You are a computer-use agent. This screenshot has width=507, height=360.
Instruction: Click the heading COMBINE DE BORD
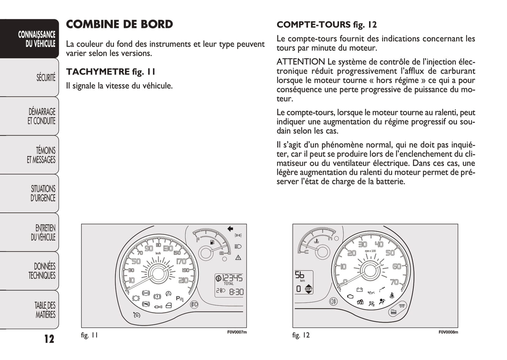[119, 24]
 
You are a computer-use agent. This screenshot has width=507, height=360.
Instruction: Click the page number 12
[49, 339]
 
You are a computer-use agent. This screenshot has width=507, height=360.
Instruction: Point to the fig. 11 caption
[89, 335]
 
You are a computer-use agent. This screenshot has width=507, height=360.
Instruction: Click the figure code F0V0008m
[448, 332]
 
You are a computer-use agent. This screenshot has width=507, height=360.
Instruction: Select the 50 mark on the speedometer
[136, 261]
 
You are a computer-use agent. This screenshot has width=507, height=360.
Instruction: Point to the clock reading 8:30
[236, 292]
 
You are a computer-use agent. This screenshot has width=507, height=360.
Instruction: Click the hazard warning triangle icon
[238, 258]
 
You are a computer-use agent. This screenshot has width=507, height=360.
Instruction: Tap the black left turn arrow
[230, 229]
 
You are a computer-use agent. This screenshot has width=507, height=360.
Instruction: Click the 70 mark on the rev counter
[394, 282]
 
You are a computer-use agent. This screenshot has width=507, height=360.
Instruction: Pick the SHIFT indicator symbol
[308, 289]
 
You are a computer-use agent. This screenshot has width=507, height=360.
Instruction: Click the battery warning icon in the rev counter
[359, 290]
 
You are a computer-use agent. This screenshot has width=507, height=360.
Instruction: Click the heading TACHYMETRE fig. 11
[111, 72]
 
